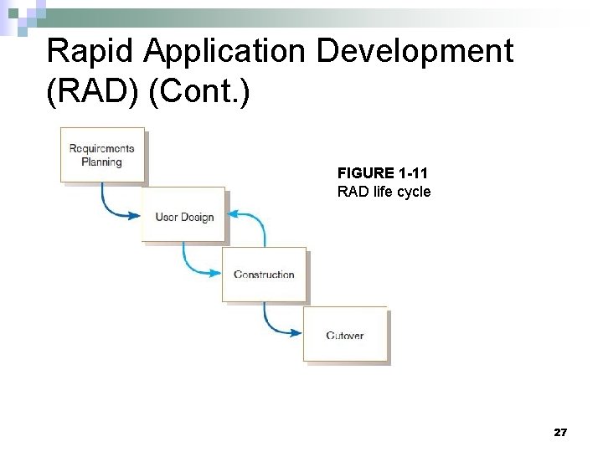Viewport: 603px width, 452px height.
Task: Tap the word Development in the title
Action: point(415,52)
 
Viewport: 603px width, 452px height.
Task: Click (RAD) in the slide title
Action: point(92,93)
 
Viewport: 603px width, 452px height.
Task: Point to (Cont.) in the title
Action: point(198,93)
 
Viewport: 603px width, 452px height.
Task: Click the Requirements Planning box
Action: point(102,155)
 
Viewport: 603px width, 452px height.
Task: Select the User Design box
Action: point(183,216)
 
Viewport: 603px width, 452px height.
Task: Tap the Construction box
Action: point(264,274)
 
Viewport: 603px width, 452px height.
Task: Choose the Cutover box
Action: point(345,335)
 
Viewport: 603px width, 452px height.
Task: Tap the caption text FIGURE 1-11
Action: point(382,173)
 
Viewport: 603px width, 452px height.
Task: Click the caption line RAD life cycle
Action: point(384,192)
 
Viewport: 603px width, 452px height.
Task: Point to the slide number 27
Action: point(560,432)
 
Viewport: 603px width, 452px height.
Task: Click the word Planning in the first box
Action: point(101,162)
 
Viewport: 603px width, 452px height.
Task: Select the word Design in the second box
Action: point(197,218)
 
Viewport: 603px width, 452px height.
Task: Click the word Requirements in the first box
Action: point(101,148)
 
